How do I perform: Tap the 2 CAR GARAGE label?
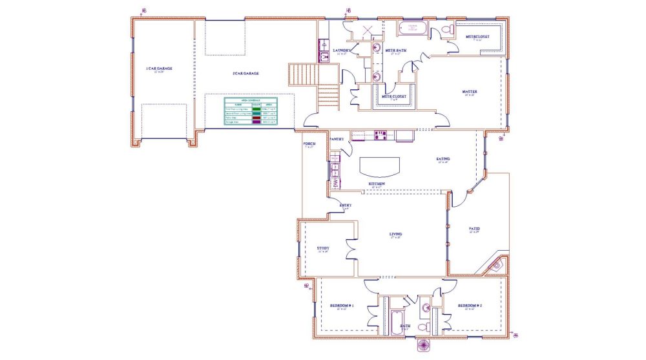point(245,74)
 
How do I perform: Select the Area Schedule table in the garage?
point(250,112)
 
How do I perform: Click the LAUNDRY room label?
point(342,50)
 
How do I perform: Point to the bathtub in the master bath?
point(412,28)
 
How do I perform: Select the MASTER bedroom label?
point(470,92)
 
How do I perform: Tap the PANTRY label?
point(337,139)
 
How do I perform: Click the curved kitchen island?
point(380,167)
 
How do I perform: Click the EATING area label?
point(443,159)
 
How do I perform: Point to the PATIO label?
point(474,229)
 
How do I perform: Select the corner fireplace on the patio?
point(497,264)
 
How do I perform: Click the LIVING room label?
point(395,234)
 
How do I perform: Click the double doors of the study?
point(351,249)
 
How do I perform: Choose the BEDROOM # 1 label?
point(342,305)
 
